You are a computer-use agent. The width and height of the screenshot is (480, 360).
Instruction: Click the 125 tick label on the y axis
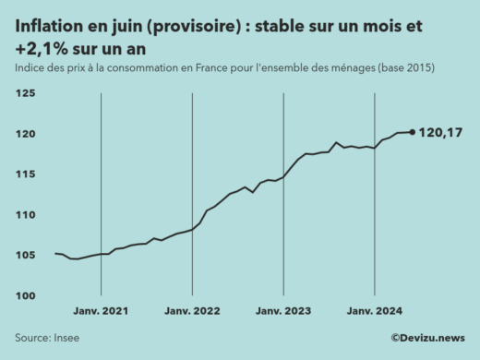pos(25,94)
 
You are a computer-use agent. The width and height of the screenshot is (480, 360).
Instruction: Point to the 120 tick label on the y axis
pos(25,135)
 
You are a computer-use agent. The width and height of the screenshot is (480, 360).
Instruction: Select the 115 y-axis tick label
pos(25,174)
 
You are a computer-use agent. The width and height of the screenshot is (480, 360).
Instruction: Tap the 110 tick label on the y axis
pos(25,215)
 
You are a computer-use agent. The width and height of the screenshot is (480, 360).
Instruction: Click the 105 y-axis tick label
pos(25,256)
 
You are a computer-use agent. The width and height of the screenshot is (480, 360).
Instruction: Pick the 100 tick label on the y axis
pos(25,295)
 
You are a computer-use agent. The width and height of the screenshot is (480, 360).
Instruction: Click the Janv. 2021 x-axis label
pos(101,313)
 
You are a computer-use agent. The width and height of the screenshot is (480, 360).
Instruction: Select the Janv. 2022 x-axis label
pos(192,313)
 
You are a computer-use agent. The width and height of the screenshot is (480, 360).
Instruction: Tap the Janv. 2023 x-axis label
pos(282,313)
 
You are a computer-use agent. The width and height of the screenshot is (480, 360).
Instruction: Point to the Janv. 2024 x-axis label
pos(374,313)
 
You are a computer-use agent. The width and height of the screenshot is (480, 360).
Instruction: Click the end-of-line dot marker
pos(412,132)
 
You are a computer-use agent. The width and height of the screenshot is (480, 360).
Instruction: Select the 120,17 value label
pos(440,133)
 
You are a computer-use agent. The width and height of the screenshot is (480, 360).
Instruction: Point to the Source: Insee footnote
pos(47,338)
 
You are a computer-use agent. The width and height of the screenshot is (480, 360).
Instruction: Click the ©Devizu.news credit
pos(427,338)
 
